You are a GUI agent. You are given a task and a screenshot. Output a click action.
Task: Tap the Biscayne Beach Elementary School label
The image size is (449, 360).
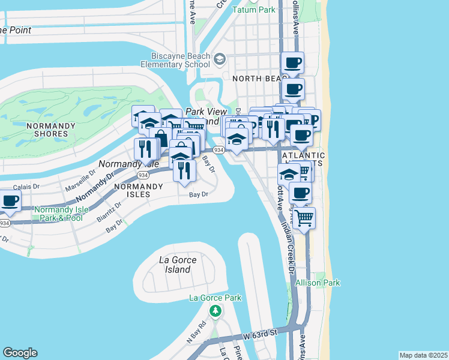176,60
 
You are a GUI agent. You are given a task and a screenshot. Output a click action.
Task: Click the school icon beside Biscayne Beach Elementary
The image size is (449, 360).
219,58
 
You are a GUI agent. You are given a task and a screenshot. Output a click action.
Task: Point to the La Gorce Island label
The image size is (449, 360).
175,265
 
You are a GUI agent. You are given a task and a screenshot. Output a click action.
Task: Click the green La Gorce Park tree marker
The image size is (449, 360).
215,310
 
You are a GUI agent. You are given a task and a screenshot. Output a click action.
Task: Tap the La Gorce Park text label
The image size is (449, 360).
215,298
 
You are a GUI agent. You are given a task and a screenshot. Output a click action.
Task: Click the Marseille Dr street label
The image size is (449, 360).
80,178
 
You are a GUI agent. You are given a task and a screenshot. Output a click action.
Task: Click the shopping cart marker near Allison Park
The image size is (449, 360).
304,218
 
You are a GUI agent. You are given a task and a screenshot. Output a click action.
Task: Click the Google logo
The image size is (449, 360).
20,353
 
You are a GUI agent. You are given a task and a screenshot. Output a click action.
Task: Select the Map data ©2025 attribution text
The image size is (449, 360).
423,355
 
